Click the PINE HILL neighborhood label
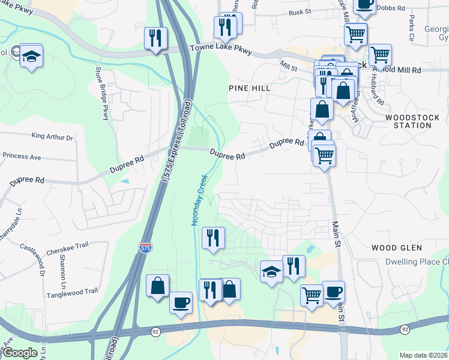[250, 88]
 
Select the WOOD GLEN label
[397, 247]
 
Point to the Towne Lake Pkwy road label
[220, 47]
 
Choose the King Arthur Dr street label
[52, 137]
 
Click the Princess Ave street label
[22, 156]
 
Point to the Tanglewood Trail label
[72, 291]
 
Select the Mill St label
[288, 65]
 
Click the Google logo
[20, 353]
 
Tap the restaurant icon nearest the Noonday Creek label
[213, 237]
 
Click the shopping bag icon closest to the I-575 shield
[157, 285]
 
